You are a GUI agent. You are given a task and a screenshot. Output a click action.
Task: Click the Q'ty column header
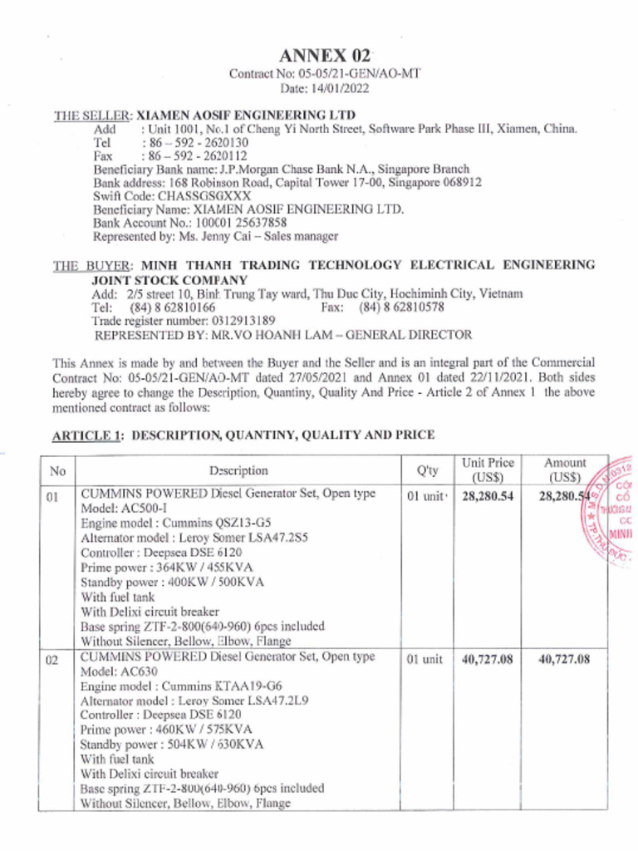pos(427,470)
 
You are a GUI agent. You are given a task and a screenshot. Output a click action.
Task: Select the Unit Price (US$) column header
pos(488,470)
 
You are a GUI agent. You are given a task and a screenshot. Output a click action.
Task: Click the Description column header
pos(238,470)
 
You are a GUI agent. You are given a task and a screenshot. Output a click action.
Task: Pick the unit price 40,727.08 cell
pos(488,659)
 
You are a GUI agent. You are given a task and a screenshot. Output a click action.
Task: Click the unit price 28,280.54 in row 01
pos(488,495)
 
